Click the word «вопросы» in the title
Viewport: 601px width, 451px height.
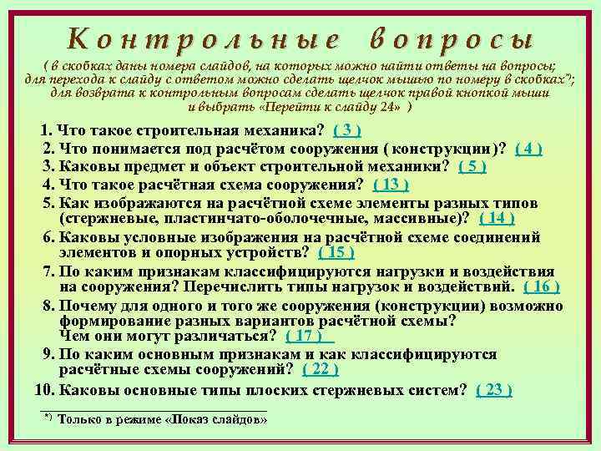449,39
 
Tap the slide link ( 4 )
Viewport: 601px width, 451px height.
529,149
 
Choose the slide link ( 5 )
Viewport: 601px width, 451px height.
472,166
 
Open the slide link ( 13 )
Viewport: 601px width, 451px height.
390,185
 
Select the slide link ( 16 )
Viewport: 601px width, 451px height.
542,286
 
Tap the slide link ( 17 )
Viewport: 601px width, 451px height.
308,336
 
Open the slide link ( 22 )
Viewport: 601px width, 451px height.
320,369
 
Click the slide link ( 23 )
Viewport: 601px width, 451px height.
493,389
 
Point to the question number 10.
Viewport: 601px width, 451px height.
43,389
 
